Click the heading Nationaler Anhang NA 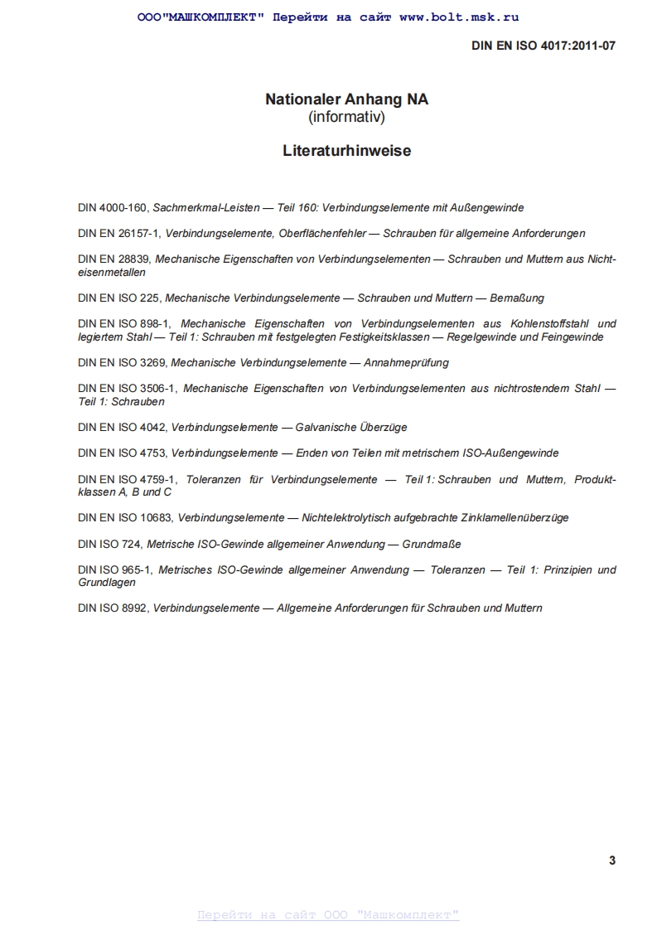pos(346,99)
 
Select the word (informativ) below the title pos(346,118)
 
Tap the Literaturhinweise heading pos(346,152)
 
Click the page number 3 pos(612,860)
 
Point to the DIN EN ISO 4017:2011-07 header pos(543,46)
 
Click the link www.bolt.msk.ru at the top pos(459,17)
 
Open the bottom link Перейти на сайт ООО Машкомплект pos(328,915)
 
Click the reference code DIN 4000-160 pos(113,208)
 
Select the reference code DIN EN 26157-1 pos(119,234)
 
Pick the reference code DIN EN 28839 pos(114,259)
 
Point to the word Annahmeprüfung pos(406,362)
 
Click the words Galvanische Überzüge pos(351,428)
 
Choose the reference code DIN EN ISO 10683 pos(126,517)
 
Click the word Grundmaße pos(432,544)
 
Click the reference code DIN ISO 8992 pos(113,608)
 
